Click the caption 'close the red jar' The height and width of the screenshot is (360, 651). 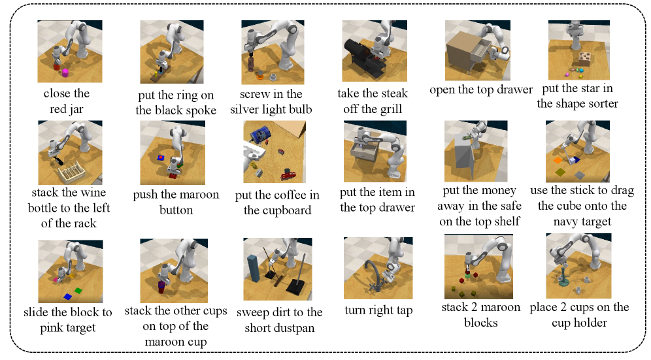click(x=67, y=101)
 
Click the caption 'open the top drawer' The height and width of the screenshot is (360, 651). click(x=481, y=90)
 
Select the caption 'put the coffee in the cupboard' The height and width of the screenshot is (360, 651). click(x=277, y=203)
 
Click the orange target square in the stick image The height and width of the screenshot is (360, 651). click(x=558, y=160)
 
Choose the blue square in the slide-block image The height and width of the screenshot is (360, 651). click(x=68, y=297)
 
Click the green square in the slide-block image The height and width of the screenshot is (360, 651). click(x=78, y=290)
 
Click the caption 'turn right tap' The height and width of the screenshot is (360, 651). click(x=378, y=310)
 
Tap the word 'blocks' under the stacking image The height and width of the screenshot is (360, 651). click(x=481, y=323)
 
